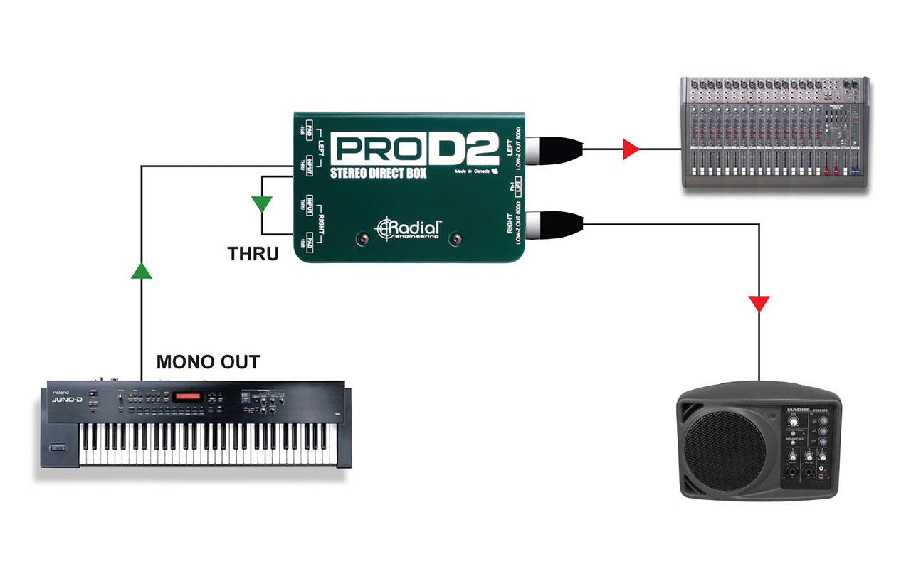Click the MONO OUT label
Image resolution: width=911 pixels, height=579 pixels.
208,361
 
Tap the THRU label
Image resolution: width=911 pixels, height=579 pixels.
253,253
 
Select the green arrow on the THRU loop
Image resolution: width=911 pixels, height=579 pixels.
262,204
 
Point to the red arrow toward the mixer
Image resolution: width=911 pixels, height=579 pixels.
630,149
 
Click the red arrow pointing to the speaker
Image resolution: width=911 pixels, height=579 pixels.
759,304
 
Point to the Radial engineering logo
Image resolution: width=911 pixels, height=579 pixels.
409,228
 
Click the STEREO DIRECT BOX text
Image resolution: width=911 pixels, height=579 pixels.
378,173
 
